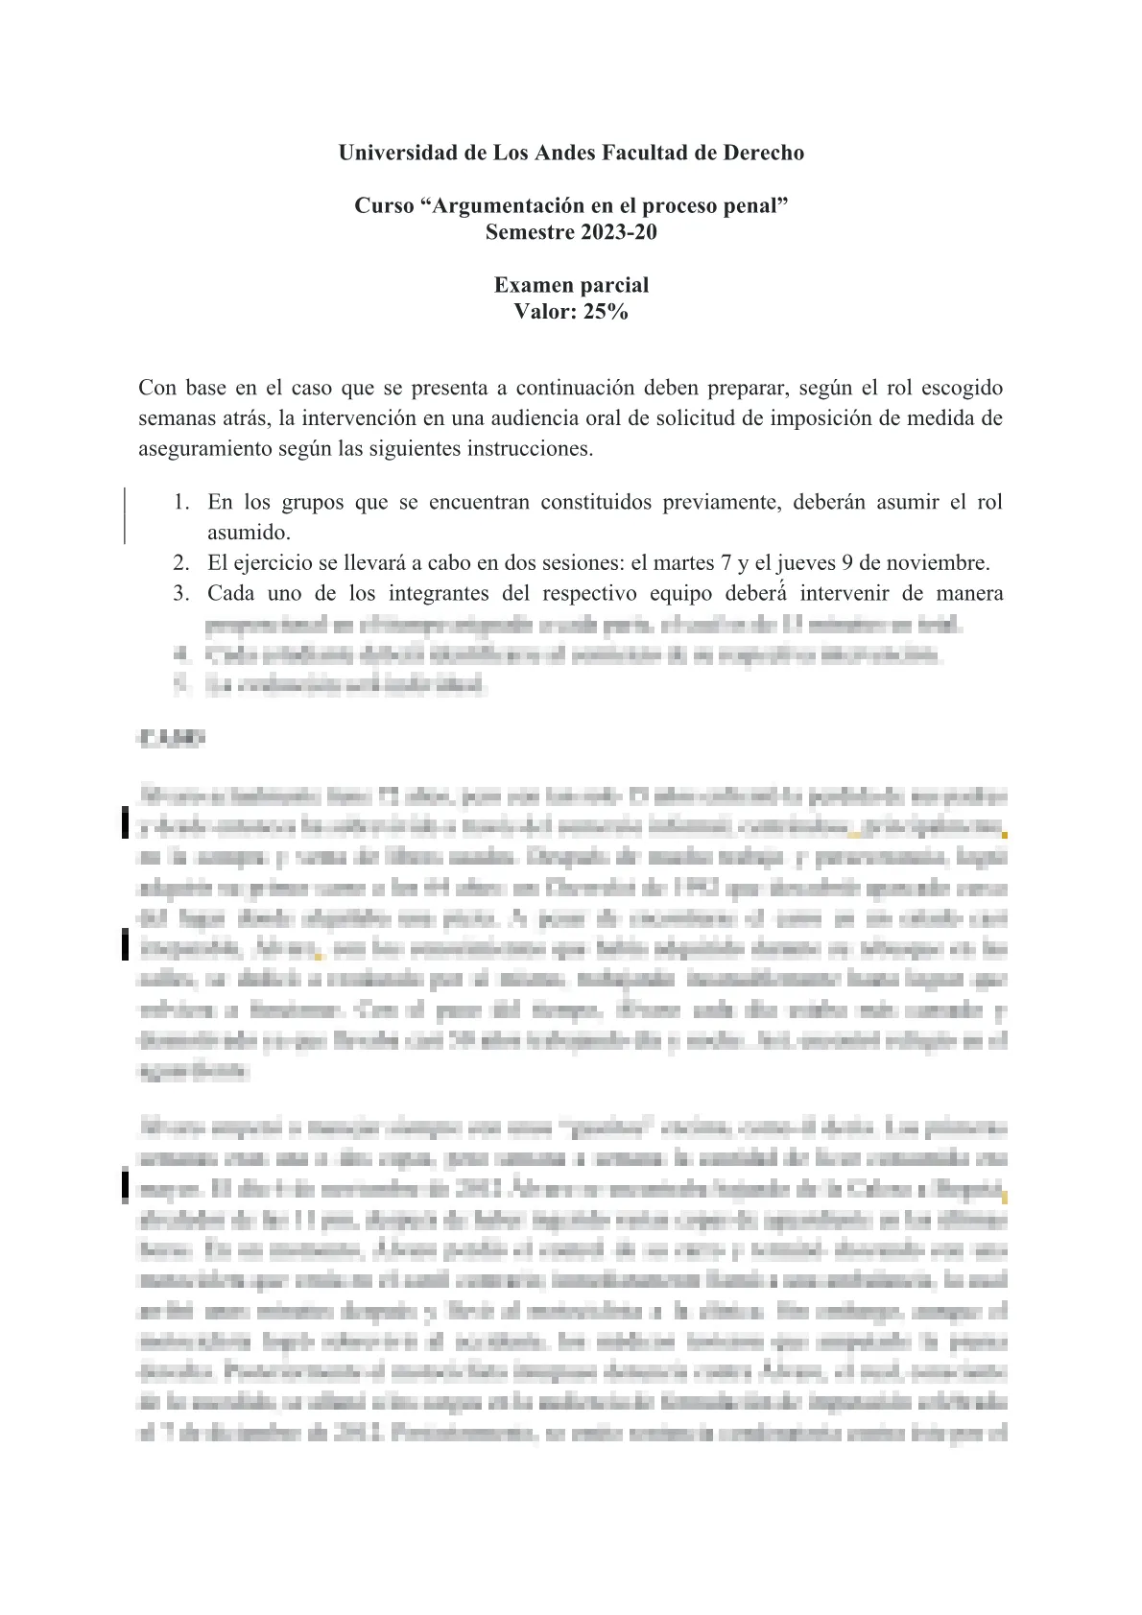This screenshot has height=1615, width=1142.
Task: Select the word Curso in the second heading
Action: (384, 205)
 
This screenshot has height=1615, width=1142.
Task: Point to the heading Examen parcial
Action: (571, 285)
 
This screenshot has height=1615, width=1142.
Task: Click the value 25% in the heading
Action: (606, 312)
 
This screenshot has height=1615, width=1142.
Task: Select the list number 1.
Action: (180, 502)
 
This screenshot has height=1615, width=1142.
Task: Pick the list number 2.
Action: (180, 563)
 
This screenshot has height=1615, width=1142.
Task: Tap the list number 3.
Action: (180, 594)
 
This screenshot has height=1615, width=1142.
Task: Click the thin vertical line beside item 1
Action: (125, 516)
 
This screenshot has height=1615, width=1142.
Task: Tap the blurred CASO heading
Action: (171, 739)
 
